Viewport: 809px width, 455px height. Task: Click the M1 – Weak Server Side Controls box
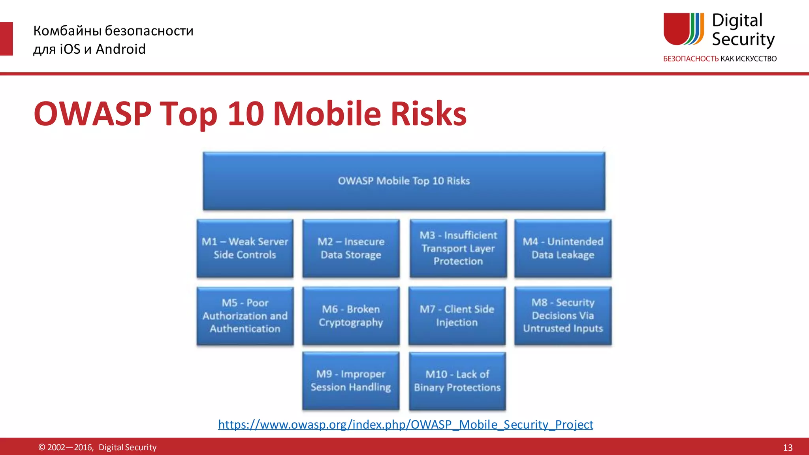(x=245, y=248)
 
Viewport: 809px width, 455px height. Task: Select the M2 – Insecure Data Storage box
(x=351, y=248)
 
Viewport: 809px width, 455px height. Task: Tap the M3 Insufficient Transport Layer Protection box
(x=458, y=248)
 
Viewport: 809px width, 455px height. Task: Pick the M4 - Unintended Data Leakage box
(x=563, y=248)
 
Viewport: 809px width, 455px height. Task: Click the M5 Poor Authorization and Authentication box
(x=245, y=316)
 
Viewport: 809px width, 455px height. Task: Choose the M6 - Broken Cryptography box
(x=351, y=316)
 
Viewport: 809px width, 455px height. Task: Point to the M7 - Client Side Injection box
(x=457, y=316)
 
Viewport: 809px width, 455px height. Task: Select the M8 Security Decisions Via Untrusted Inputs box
(x=563, y=316)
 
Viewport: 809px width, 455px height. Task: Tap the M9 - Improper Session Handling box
(x=351, y=381)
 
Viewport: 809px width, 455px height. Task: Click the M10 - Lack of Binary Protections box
(x=457, y=381)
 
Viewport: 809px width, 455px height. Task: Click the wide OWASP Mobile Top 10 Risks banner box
(x=404, y=181)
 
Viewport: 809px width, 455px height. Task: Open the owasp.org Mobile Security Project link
(x=405, y=425)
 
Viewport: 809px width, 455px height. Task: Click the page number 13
(x=788, y=447)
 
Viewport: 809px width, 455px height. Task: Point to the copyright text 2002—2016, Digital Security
(x=97, y=447)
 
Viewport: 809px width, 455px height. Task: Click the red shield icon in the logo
(x=676, y=28)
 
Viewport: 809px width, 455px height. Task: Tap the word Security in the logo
(x=743, y=39)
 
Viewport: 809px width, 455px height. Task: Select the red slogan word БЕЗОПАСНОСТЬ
(x=690, y=59)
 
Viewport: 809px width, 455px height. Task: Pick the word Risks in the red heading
(x=429, y=114)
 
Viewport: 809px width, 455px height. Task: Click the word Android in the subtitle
(x=121, y=49)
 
